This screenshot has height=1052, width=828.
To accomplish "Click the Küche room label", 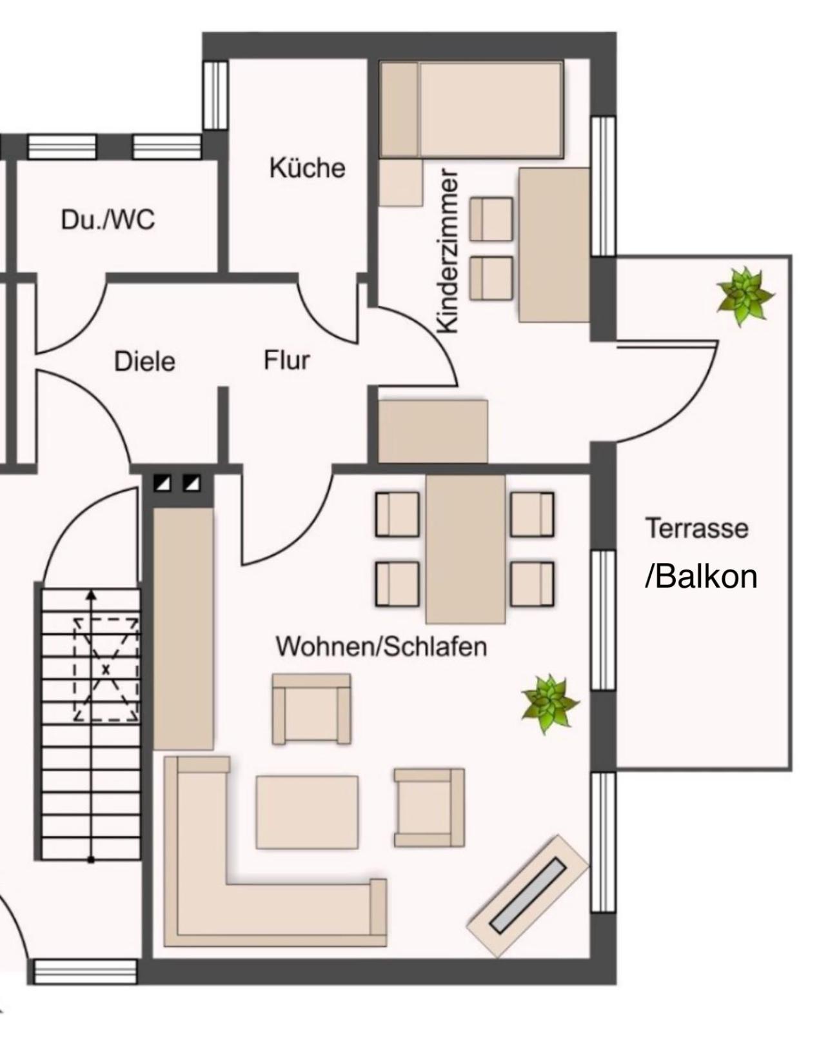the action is click(308, 168).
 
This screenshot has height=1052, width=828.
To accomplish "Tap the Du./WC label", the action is click(108, 220).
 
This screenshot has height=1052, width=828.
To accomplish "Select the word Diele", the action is click(144, 362).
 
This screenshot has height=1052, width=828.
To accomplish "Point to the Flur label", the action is click(287, 361).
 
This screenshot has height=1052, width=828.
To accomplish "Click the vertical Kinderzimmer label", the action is click(448, 251).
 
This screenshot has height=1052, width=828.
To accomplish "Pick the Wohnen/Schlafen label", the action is click(382, 646).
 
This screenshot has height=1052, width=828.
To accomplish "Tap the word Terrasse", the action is click(698, 528).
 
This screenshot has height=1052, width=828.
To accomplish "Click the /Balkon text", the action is click(702, 577).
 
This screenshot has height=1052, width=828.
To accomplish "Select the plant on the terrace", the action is click(744, 296).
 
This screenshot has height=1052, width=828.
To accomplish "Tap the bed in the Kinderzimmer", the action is click(471, 110).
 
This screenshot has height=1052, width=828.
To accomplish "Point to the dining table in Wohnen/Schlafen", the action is click(466, 549).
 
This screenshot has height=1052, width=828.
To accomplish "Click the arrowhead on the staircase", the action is click(91, 595).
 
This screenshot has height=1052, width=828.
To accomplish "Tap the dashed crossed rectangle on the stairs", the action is click(106, 669).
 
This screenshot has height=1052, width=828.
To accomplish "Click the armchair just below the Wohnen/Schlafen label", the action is click(311, 708).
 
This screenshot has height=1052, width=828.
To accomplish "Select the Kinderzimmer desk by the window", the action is click(555, 245).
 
